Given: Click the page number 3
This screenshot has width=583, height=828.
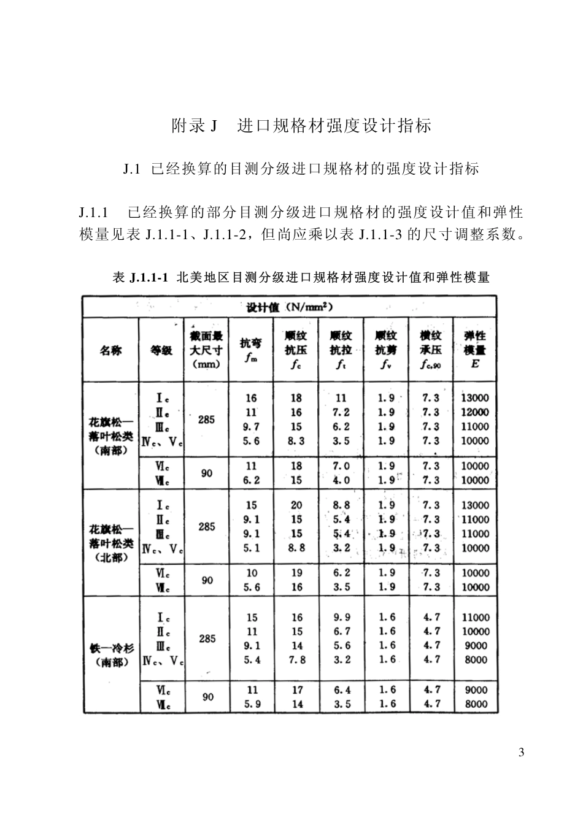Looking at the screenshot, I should pyautogui.click(x=521, y=753).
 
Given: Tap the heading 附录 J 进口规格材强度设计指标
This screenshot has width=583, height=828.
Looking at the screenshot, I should pyautogui.click(x=301, y=126).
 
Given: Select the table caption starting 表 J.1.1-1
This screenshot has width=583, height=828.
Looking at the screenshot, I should pyautogui.click(x=301, y=277).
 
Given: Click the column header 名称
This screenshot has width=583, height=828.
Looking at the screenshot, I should pyautogui.click(x=110, y=350).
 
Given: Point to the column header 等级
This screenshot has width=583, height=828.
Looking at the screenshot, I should pyautogui.click(x=161, y=350).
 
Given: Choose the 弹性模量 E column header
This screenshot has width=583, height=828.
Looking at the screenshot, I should pyautogui.click(x=475, y=350).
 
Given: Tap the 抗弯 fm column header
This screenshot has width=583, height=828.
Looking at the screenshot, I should pyautogui.click(x=250, y=350).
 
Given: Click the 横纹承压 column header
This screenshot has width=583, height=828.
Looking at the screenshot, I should pyautogui.click(x=431, y=350).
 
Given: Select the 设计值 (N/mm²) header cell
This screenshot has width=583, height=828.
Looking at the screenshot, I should pyautogui.click(x=290, y=307).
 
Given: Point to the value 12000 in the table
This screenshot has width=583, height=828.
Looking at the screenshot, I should pyautogui.click(x=475, y=412).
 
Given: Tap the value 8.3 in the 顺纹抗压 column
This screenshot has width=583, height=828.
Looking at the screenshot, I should pyautogui.click(x=296, y=440).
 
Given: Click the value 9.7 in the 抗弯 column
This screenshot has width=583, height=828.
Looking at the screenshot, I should pyautogui.click(x=251, y=426).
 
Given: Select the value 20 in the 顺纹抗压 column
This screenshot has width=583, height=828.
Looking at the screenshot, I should pyautogui.click(x=296, y=505).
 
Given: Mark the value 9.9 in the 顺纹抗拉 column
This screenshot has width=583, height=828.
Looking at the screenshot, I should pyautogui.click(x=342, y=617).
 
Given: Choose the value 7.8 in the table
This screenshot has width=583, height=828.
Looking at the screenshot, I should pyautogui.click(x=296, y=660).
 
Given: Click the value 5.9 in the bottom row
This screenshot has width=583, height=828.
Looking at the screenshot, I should pyautogui.click(x=252, y=704).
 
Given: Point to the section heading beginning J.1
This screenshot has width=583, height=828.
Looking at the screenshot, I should pyautogui.click(x=301, y=168).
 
